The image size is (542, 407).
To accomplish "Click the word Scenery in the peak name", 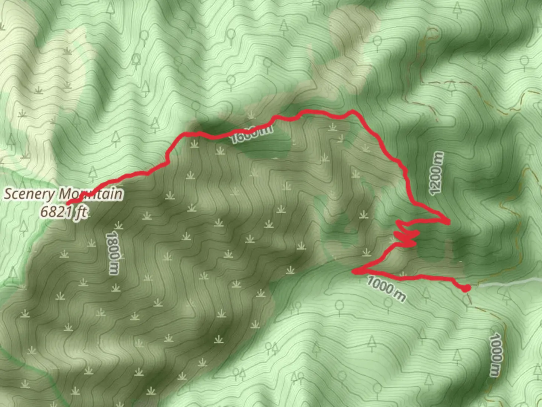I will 29,194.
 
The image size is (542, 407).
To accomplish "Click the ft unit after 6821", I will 81,213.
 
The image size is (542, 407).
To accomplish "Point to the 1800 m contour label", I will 113,252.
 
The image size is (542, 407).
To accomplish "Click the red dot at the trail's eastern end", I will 466,288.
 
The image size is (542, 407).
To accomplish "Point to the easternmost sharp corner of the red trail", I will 449,222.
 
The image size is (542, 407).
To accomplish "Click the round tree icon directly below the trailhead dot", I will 467,300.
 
